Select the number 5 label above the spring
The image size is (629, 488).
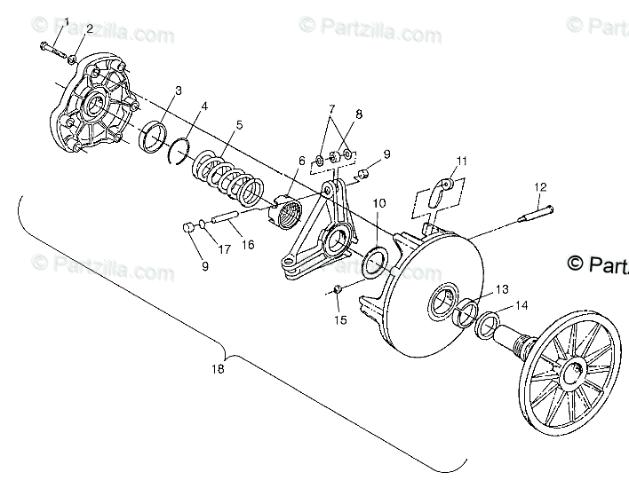point(237,126)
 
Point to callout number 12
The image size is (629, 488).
point(538,187)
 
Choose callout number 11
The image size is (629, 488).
point(461,161)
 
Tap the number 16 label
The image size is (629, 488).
point(247,244)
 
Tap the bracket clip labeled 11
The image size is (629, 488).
point(436,194)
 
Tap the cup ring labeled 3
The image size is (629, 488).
point(153,137)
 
